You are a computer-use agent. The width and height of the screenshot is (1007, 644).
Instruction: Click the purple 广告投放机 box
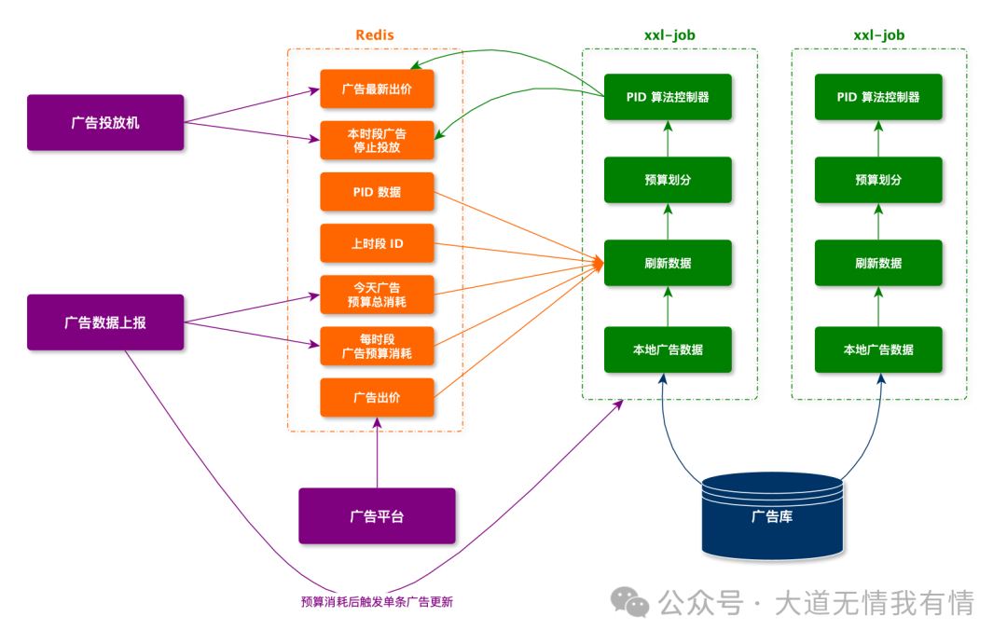(x=105, y=122)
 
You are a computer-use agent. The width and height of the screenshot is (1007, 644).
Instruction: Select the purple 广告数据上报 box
(x=105, y=322)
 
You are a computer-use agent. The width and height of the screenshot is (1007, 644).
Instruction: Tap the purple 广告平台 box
(x=377, y=515)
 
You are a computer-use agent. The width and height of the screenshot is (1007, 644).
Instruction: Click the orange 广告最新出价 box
(x=377, y=89)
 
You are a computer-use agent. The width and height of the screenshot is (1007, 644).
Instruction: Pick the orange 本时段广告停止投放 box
(x=377, y=140)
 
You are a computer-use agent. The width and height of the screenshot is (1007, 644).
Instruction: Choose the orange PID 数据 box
(x=377, y=192)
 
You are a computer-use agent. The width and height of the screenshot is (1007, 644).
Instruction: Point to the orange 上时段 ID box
(x=377, y=243)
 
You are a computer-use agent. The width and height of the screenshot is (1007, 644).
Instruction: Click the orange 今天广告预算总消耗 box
(x=377, y=295)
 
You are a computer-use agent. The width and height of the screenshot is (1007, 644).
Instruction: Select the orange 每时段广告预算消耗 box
(x=377, y=346)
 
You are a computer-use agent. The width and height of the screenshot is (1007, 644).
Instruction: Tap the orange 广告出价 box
(x=377, y=397)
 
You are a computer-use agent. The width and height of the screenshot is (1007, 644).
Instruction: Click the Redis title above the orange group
(x=375, y=35)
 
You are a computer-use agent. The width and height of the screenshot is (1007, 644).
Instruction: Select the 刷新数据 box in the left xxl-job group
(x=668, y=263)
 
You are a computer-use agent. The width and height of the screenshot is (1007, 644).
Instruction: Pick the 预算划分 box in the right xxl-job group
(x=878, y=180)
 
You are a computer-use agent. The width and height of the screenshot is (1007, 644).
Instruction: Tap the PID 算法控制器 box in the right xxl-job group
(x=878, y=97)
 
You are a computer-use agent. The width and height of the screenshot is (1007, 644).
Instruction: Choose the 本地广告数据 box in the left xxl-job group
(x=668, y=349)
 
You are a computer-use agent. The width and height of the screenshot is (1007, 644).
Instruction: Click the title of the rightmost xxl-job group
(x=878, y=35)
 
